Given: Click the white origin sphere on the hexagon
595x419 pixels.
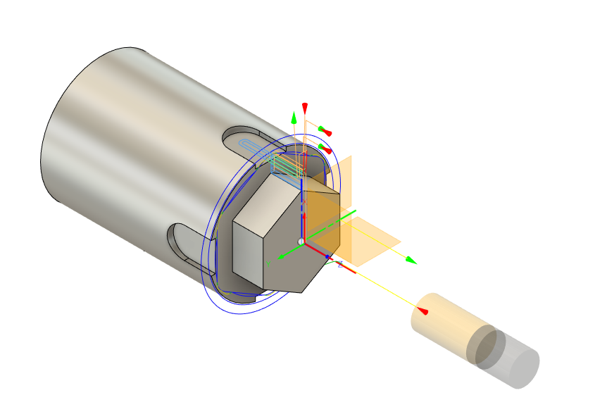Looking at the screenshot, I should coord(301,242).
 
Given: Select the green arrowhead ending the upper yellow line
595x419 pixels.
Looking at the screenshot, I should coord(411,261).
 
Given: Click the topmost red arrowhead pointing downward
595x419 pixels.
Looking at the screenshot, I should coord(305,107).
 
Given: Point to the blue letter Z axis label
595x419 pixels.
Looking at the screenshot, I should coord(339,265).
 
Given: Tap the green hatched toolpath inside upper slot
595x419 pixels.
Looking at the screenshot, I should coord(284,165).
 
